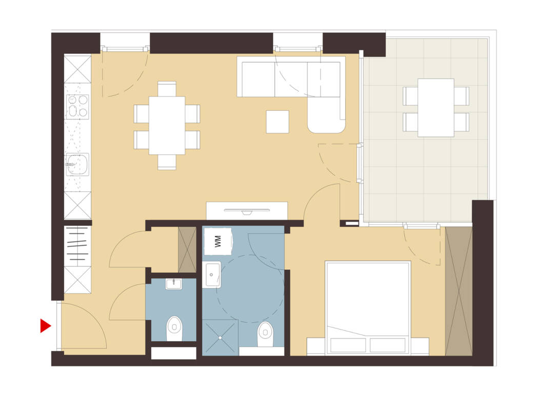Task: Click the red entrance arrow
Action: [x=46, y=325]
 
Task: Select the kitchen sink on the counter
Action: [x=77, y=165]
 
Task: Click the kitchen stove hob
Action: [x=77, y=106]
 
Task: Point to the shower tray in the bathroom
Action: [x=220, y=337]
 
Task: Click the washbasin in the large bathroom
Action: [x=211, y=274]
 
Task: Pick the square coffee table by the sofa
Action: [x=277, y=122]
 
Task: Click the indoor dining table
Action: [x=167, y=125]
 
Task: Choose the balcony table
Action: [x=435, y=108]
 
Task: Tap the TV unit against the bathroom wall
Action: [x=247, y=210]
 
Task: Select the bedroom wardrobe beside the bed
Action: [x=459, y=291]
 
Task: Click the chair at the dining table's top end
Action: [x=167, y=88]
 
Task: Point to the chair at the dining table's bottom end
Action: [x=167, y=162]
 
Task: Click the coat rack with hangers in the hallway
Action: [x=77, y=246]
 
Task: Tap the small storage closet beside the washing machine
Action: [x=187, y=249]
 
